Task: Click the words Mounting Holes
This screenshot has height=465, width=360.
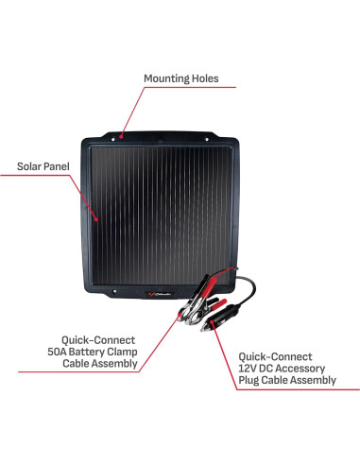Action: tap(180, 77)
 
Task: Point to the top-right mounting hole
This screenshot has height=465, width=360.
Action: tap(229, 136)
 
